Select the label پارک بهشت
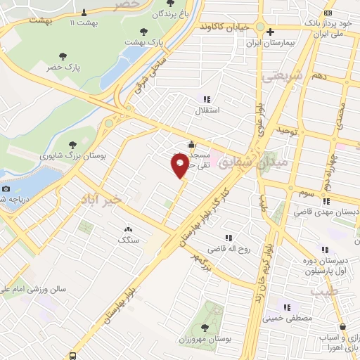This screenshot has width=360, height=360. pyautogui.click(x=144, y=42)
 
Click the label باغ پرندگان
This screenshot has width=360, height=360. pyautogui.click(x=159, y=13)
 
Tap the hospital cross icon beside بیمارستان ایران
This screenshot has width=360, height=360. pyautogui.click(x=270, y=32)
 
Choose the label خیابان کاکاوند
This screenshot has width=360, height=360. pyautogui.click(x=224, y=26)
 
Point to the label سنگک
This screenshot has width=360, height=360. pyautogui.click(x=128, y=240)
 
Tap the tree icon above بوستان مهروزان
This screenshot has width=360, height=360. pyautogui.click(x=204, y=327)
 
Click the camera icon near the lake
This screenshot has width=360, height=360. pyautogui.click(x=6, y=188)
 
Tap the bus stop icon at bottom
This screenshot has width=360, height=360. pyautogui.click(x=73, y=355)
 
